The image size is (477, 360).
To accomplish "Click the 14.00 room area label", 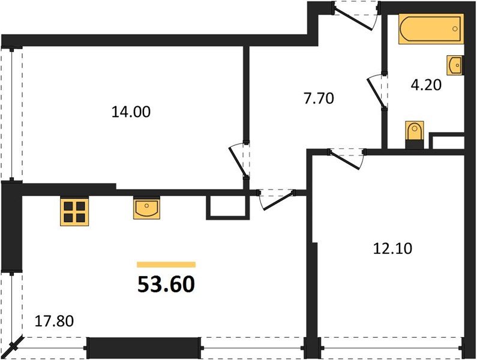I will click(131, 111).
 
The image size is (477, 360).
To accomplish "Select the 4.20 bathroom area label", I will click(427, 85).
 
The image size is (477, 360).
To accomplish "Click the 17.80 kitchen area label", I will click(55, 321).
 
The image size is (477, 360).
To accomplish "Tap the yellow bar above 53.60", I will click(166, 264).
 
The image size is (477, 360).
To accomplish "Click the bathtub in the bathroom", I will click(431, 29).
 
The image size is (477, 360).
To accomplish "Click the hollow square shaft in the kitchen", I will click(226, 207).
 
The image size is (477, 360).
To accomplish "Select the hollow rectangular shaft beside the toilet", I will click(447, 142).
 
